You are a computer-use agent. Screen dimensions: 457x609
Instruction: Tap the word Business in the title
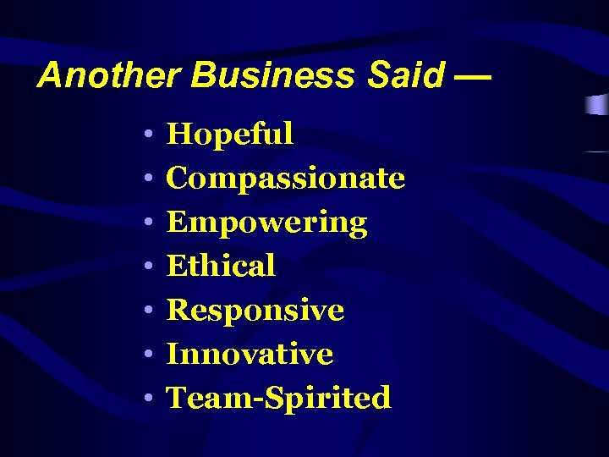tap(272, 76)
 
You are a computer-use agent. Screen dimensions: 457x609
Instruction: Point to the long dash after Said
tap(472, 76)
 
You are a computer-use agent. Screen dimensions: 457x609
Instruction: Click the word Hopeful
tap(230, 134)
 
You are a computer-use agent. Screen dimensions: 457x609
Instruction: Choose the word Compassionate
tap(286, 178)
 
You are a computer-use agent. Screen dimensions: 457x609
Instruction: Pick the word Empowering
tap(267, 222)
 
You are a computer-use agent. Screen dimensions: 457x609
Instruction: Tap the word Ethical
tap(221, 266)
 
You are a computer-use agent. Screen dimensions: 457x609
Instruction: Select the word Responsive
tap(255, 310)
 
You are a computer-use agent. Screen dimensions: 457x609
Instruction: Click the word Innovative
tap(250, 354)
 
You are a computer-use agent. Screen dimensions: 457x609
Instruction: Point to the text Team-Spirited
tap(279, 398)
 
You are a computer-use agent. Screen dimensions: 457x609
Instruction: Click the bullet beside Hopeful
tap(147, 135)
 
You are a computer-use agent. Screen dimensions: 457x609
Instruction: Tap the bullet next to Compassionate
tap(147, 179)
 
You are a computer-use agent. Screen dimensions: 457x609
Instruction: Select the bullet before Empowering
tap(147, 223)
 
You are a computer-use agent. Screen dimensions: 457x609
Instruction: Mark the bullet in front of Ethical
tap(147, 267)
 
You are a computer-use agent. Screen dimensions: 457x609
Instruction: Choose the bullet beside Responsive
tap(147, 311)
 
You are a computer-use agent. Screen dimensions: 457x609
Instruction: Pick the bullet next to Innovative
tap(147, 355)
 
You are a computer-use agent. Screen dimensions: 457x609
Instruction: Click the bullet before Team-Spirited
tap(147, 399)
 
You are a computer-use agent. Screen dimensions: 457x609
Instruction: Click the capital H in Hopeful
tap(179, 134)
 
